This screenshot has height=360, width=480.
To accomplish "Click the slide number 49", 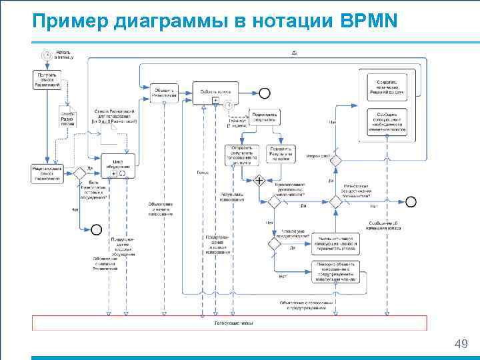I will pyautogui.click(x=460, y=343).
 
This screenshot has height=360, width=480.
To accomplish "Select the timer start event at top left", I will pyautogui.click(x=46, y=55).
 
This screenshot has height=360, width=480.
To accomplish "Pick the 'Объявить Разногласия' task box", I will pyautogui.click(x=164, y=93).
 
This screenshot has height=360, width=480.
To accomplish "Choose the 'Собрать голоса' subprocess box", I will pyautogui.click(x=215, y=93).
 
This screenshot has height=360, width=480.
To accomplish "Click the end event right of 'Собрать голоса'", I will pyautogui.click(x=265, y=93).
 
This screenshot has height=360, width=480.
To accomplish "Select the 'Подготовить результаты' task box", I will pyautogui.click(x=265, y=117).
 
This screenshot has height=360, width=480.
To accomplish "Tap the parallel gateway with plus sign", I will pyautogui.click(x=258, y=180).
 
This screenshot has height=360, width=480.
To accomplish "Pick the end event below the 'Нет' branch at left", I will pyautogui.click(x=96, y=229).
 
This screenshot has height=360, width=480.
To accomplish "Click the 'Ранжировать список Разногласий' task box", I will pyautogui.click(x=47, y=173).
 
